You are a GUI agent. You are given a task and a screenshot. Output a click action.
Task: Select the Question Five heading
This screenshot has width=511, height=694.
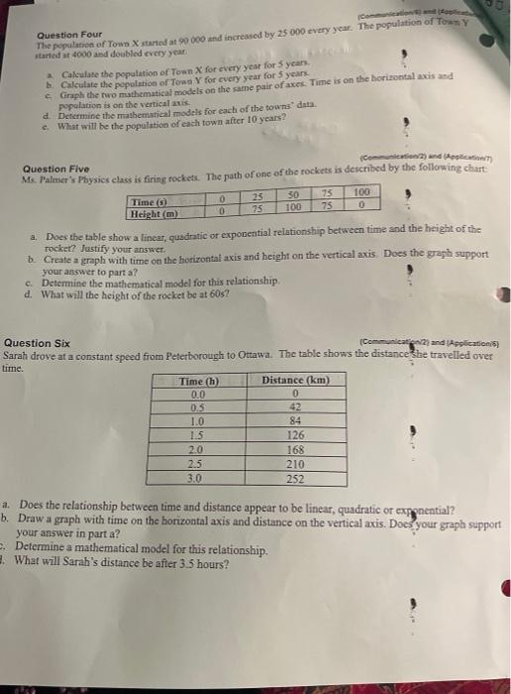[x=53, y=169]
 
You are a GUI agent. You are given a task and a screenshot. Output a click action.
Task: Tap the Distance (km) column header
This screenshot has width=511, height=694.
[x=295, y=381]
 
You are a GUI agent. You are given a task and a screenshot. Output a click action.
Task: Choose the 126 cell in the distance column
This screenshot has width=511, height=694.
[x=295, y=435]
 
